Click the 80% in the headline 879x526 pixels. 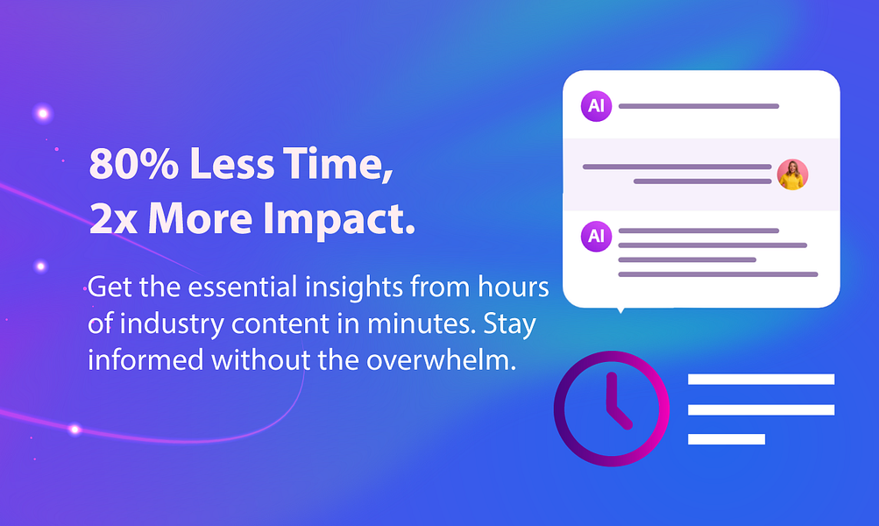click(x=134, y=163)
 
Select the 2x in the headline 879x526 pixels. click(x=113, y=218)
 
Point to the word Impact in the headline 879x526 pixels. click(x=338, y=221)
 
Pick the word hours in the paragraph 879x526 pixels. click(x=513, y=287)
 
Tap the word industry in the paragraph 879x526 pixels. click(x=172, y=324)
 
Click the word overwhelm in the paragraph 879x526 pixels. click(x=441, y=359)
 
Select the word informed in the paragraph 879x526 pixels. click(x=145, y=359)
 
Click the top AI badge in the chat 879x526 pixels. click(x=596, y=106)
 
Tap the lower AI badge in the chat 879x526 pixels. click(x=596, y=236)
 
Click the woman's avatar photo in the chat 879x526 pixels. click(x=792, y=174)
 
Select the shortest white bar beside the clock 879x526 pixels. click(x=727, y=439)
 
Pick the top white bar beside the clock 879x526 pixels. click(x=762, y=379)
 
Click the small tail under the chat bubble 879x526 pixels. click(x=620, y=310)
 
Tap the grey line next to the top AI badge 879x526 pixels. click(x=698, y=106)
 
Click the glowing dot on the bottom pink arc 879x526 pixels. click(x=74, y=430)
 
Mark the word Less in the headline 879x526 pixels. click(x=231, y=164)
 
